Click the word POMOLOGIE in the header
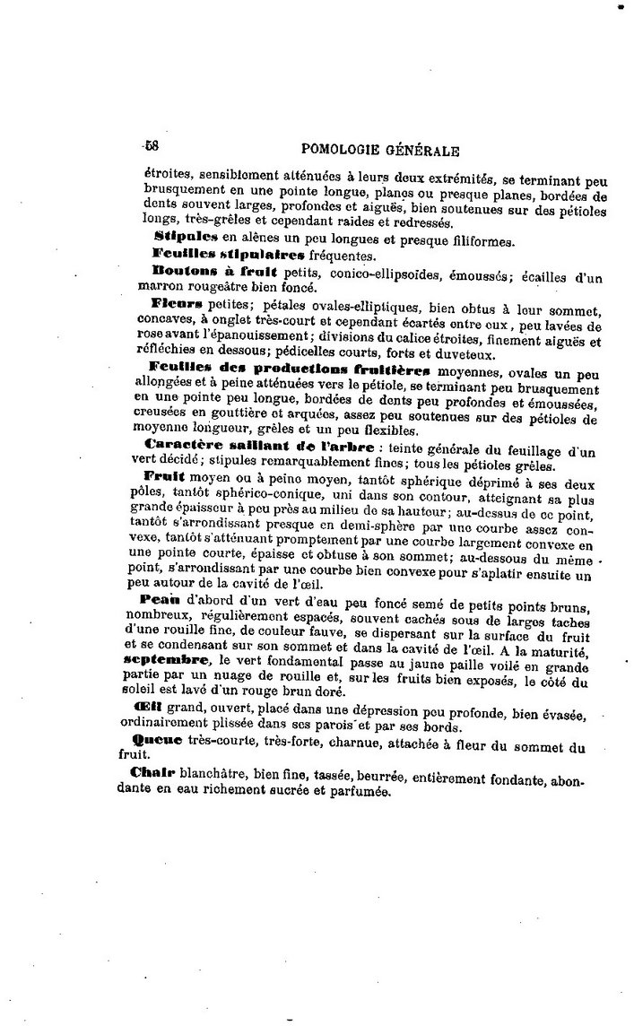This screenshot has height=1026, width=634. click(345, 150)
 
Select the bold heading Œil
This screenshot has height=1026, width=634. click(146, 706)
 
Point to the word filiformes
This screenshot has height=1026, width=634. click(472, 240)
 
